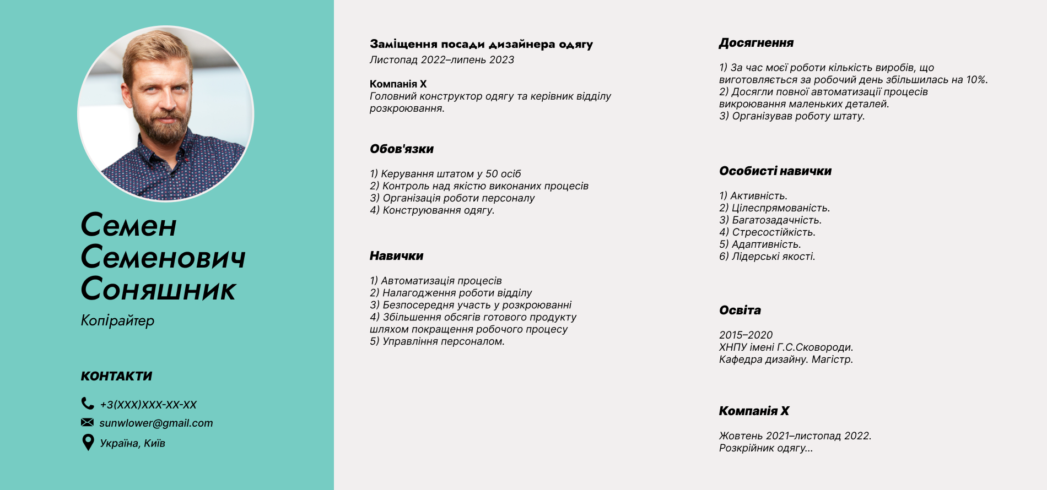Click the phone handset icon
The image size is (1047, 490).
[x=87, y=404]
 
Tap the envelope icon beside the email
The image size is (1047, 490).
[x=87, y=422]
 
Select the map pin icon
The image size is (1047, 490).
[x=88, y=442]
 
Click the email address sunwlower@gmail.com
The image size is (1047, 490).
[x=156, y=423]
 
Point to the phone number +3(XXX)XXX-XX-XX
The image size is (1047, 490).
[x=148, y=405]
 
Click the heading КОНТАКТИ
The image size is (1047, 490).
[x=116, y=376]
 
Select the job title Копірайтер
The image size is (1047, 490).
[x=117, y=320]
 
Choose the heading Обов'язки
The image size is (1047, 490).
[x=402, y=149]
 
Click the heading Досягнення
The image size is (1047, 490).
[x=756, y=43]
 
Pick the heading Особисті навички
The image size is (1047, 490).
[x=775, y=171]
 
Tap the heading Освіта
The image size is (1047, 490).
[x=740, y=311]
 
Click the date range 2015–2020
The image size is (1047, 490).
[x=746, y=335]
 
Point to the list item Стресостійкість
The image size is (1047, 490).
[x=773, y=232]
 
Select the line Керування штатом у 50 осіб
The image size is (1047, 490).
[x=450, y=174]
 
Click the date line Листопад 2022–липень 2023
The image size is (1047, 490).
[x=441, y=60]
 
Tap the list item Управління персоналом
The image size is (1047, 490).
[x=443, y=341]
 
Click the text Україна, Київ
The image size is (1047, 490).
[x=132, y=443]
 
